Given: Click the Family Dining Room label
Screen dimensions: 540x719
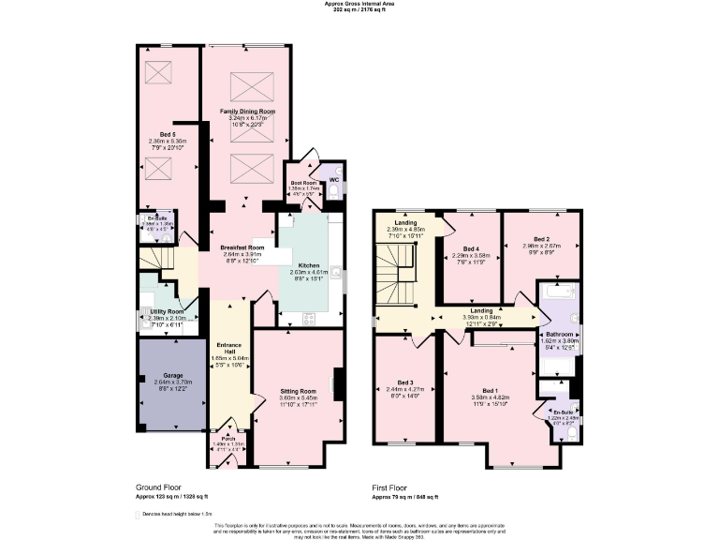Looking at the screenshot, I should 248,112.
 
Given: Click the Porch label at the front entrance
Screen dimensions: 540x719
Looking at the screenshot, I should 227,438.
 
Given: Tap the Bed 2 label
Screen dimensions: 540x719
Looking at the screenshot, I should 541,240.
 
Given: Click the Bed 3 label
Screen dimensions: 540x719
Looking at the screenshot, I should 404,383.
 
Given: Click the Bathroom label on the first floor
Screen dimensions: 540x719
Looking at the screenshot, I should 560,334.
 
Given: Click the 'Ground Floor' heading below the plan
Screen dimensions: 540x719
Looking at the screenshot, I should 160,488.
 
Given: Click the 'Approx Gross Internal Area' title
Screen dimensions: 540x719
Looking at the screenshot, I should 360,4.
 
